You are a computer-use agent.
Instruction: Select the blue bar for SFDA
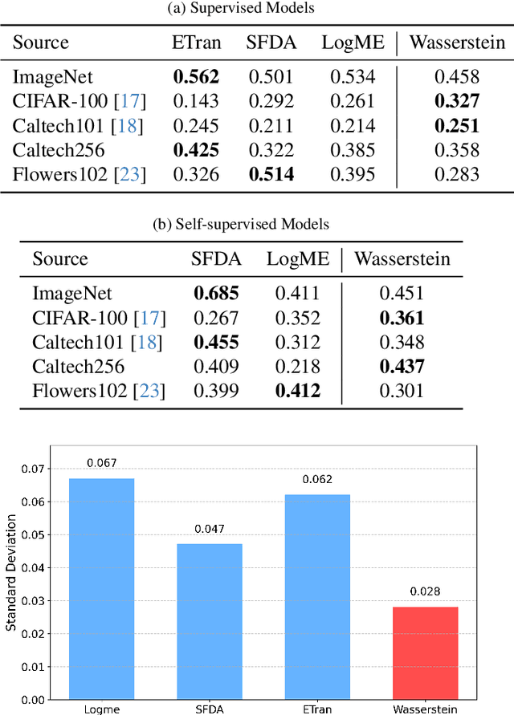pyautogui.click(x=210, y=621)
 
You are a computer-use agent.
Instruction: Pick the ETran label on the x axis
pyautogui.click(x=317, y=709)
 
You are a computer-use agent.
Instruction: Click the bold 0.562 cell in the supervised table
pyautogui.click(x=196, y=77)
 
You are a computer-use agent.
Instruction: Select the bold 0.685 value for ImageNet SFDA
pyautogui.click(x=216, y=294)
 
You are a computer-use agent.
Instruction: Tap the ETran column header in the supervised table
pyautogui.click(x=196, y=43)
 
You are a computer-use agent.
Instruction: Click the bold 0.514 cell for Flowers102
pyautogui.click(x=270, y=175)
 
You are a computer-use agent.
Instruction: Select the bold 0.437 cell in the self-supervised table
pyautogui.click(x=402, y=367)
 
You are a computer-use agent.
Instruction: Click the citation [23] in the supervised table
pyautogui.click(x=132, y=175)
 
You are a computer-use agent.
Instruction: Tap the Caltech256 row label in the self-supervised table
pyautogui.click(x=78, y=367)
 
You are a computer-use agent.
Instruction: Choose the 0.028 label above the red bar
pyautogui.click(x=426, y=592)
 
